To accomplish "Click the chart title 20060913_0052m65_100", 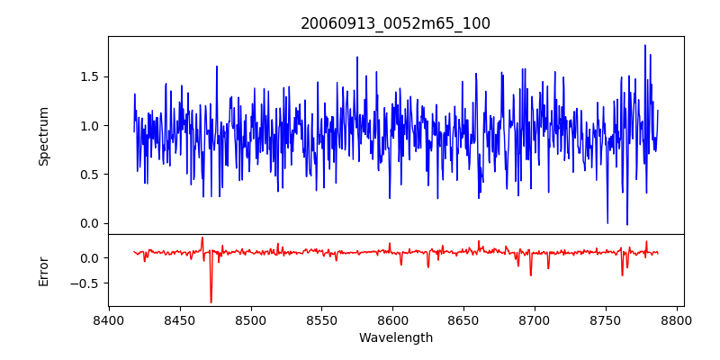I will [x=396, y=23].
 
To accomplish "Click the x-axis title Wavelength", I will [x=396, y=337].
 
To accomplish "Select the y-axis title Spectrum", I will [x=43, y=136].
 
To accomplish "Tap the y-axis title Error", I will [x=43, y=270].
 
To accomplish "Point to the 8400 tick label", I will [x=109, y=320].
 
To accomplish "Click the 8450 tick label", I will [x=180, y=320].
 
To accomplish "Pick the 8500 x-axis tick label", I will [x=250, y=320].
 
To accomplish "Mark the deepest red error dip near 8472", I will [x=211, y=301].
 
